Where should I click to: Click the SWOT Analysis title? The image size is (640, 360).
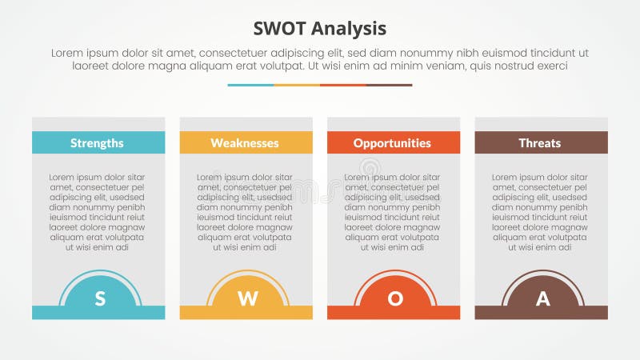[320, 29]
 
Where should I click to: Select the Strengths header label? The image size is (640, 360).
[97, 143]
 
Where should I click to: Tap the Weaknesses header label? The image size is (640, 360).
[245, 143]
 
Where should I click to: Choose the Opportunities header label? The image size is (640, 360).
[392, 143]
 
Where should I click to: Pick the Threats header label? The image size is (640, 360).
[540, 143]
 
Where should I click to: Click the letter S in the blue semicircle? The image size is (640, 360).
[100, 299]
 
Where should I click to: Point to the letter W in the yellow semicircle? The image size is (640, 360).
[248, 299]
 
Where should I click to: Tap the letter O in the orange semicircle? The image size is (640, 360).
[395, 299]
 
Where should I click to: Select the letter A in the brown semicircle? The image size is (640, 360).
[542, 299]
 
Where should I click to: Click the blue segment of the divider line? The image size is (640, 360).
[250, 85]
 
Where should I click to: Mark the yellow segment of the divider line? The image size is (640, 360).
[297, 85]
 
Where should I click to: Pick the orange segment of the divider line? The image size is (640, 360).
[343, 85]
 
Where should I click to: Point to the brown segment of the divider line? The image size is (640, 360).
[390, 85]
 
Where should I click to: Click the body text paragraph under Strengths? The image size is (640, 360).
[98, 212]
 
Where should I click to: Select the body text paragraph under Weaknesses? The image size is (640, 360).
[245, 212]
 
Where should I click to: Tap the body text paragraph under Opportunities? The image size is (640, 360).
[392, 212]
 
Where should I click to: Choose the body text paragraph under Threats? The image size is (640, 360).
[540, 212]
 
